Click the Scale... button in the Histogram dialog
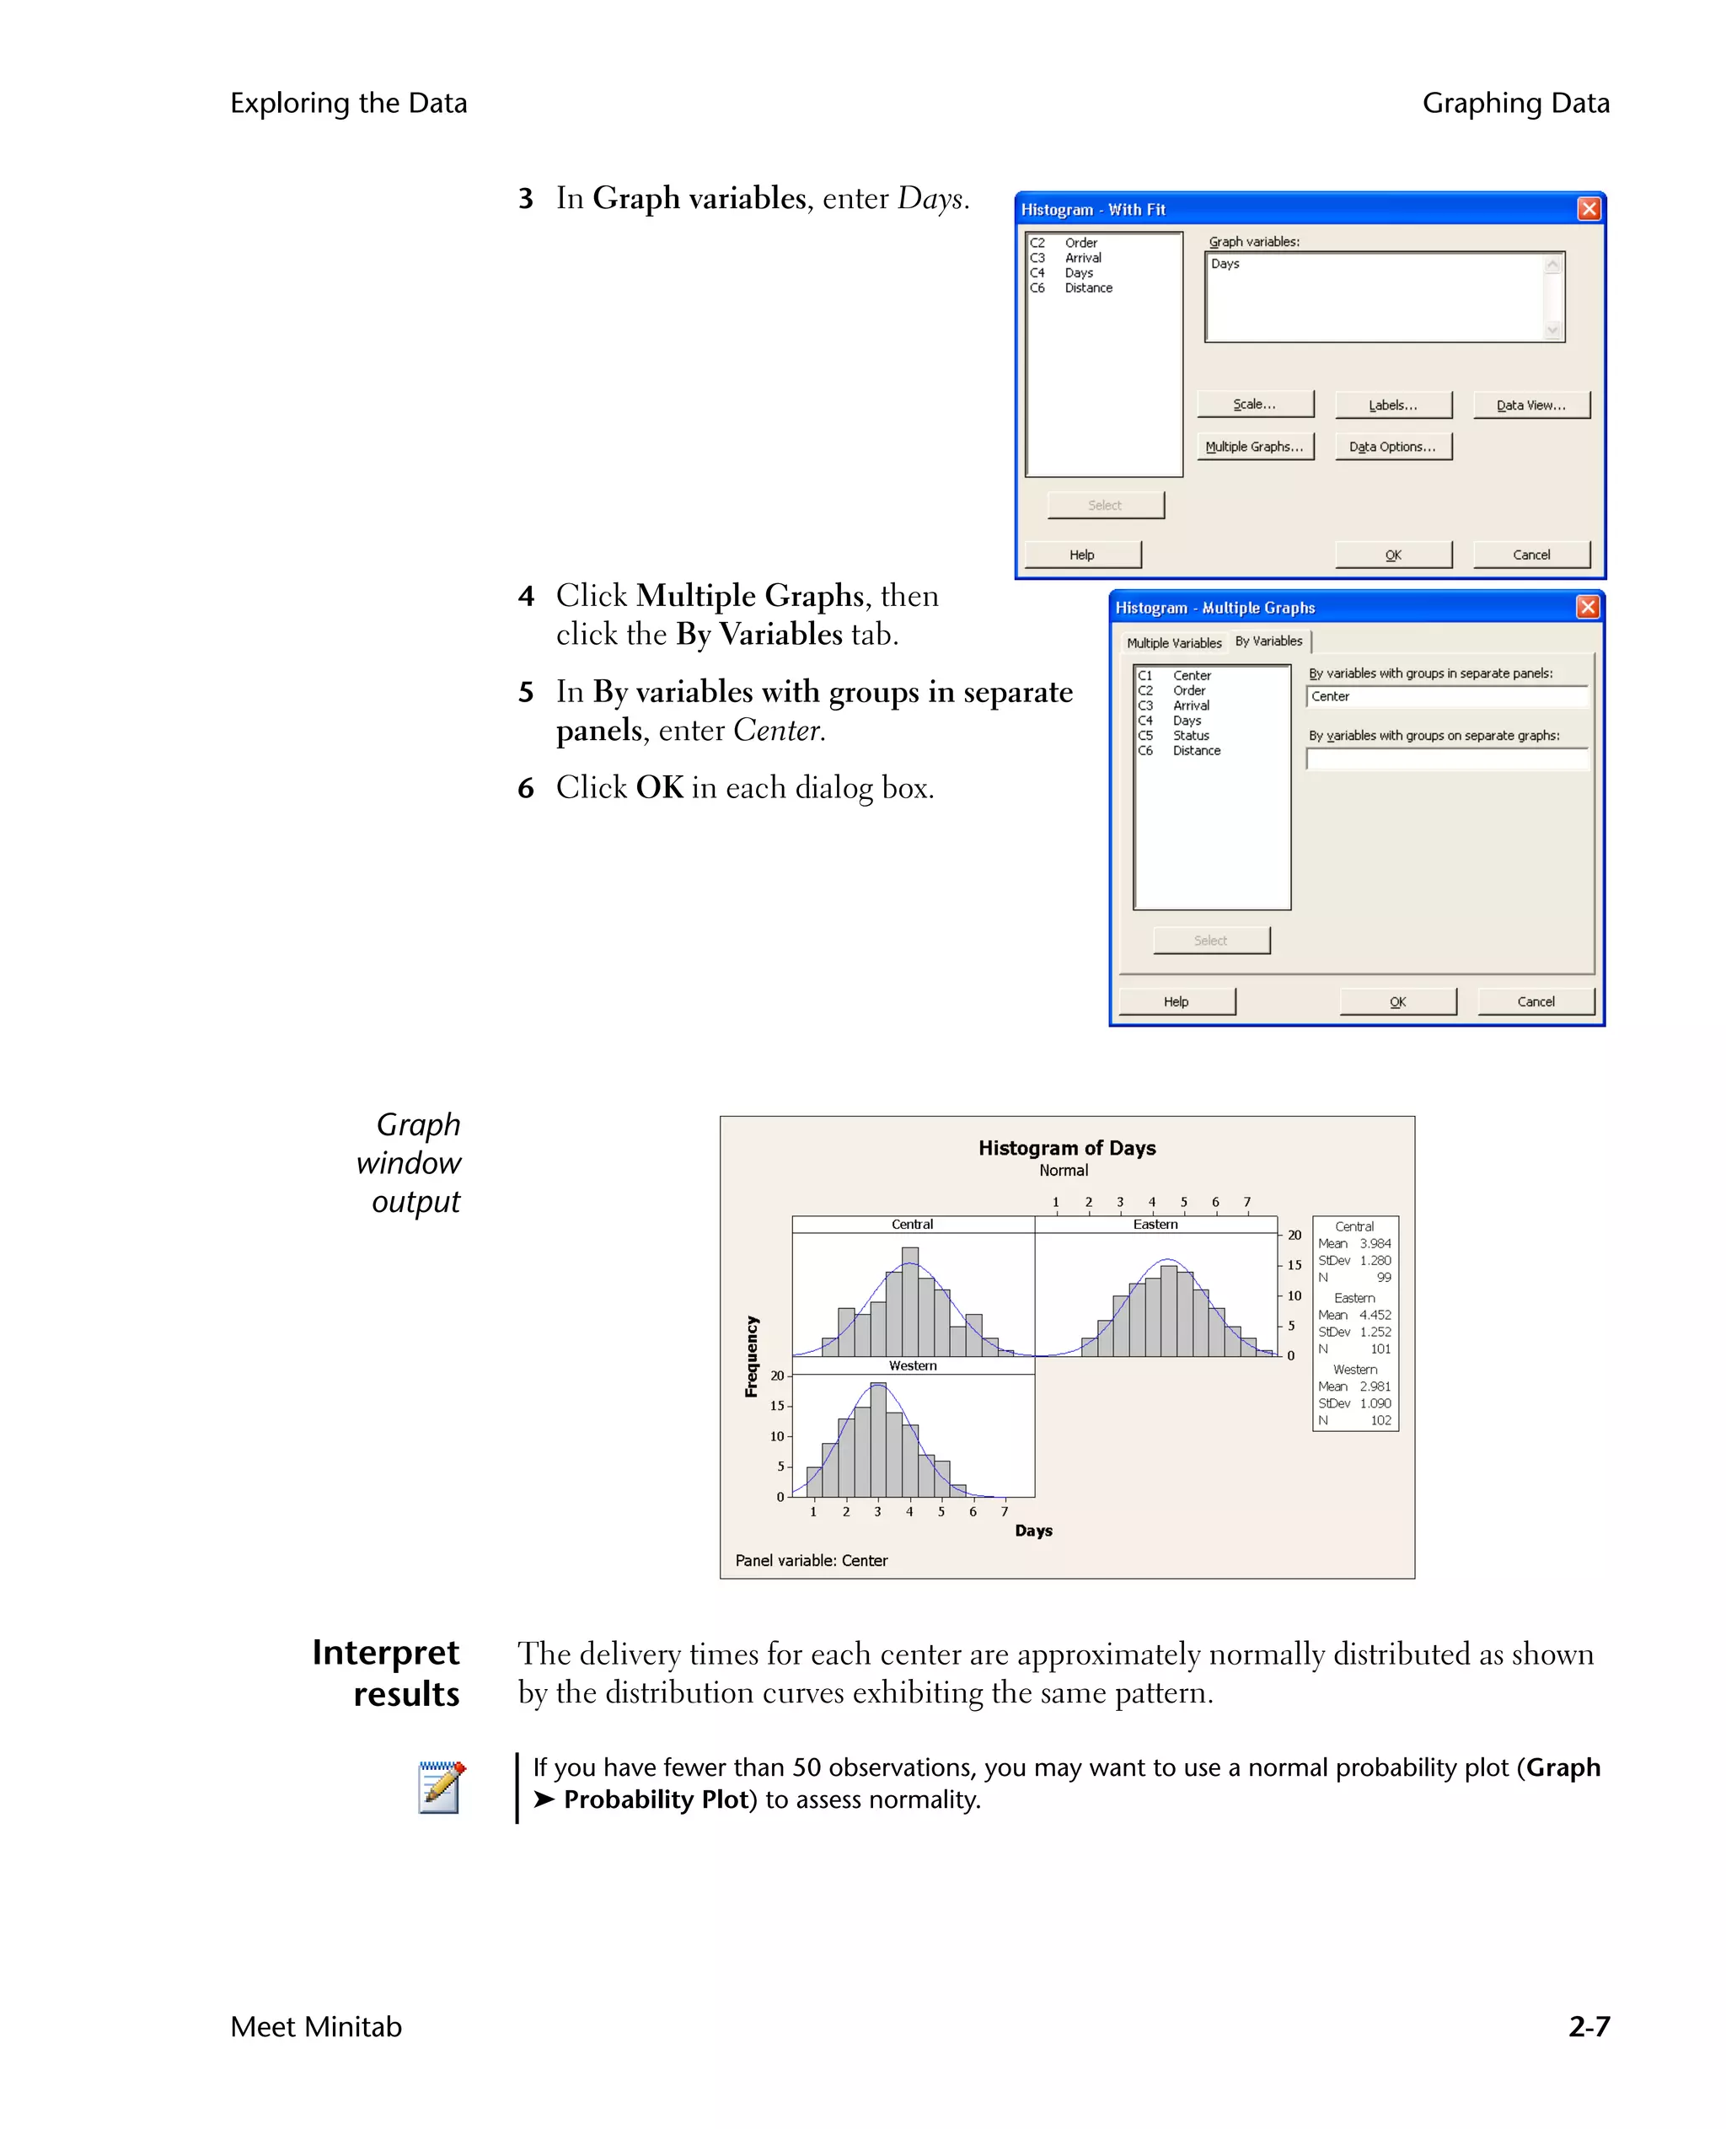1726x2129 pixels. [x=1255, y=404]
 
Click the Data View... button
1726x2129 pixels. [x=1530, y=405]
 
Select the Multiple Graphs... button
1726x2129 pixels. [x=1255, y=447]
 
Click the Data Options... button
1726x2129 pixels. [x=1392, y=447]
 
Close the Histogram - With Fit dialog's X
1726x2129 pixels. [x=1589, y=209]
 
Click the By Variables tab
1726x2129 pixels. [x=1268, y=641]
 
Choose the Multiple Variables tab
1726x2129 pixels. [x=1173, y=643]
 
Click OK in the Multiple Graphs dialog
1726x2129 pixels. [x=1397, y=1001]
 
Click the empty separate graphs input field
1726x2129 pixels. [x=1446, y=759]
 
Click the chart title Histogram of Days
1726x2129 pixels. [x=1067, y=1148]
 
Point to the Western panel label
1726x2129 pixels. [x=913, y=1365]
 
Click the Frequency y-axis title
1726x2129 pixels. [x=752, y=1356]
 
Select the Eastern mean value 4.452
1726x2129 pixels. [x=1375, y=1315]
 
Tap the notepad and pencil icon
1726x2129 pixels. [x=442, y=1787]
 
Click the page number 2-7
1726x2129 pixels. [x=1588, y=2025]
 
